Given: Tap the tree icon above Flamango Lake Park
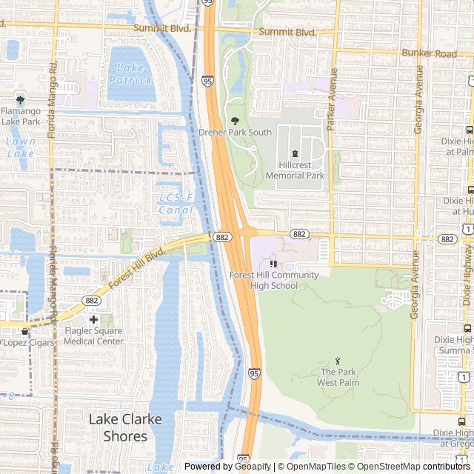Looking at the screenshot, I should (20, 100).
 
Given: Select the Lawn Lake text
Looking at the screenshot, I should (20, 147).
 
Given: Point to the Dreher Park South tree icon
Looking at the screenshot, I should (235, 121).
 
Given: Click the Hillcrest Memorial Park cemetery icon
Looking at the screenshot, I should (295, 153).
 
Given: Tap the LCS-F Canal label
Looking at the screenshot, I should (176, 204).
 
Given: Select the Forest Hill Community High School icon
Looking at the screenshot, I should (273, 264).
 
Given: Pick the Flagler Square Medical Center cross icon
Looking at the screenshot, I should (93, 319).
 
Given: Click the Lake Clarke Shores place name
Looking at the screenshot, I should (125, 427).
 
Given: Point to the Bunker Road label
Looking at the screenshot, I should (429, 53).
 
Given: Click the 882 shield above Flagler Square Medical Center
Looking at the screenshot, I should (92, 300).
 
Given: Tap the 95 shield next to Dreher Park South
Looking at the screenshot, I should (207, 80).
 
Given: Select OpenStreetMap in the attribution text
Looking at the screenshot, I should (389, 467).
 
